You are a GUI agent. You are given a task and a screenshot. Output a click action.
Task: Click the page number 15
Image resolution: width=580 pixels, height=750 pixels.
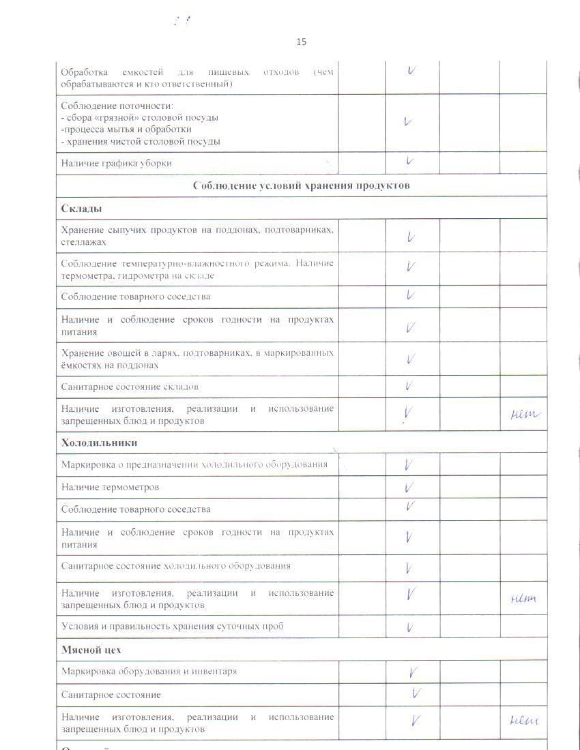301,42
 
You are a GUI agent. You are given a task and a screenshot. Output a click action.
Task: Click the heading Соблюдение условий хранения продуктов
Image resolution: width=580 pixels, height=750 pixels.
301,185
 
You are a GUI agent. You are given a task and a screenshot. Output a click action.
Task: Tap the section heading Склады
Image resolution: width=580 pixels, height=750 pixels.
76,208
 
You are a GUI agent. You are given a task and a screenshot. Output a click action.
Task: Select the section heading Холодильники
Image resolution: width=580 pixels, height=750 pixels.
99,442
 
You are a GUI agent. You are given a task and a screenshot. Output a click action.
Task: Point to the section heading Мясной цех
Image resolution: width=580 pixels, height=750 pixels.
91,650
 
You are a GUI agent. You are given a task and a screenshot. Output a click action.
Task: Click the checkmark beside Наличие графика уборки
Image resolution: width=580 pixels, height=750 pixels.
410,162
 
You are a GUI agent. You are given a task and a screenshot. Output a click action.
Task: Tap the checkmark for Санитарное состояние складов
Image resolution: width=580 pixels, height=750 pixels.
409,386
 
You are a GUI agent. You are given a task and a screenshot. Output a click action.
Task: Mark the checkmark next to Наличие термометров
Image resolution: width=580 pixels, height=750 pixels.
409,487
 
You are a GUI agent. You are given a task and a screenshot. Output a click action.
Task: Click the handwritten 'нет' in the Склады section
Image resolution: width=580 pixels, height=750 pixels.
524,414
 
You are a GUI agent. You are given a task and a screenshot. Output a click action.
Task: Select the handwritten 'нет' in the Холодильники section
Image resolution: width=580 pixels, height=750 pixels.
523,599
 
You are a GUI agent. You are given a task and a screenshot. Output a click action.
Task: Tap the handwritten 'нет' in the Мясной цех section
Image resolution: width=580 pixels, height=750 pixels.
523,721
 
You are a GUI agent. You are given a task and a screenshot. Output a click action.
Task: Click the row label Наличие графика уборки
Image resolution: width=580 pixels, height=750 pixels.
116,163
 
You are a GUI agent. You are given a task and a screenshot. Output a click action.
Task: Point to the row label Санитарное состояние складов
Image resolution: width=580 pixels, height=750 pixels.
130,387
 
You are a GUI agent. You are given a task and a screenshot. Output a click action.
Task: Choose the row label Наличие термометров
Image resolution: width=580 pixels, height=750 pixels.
110,487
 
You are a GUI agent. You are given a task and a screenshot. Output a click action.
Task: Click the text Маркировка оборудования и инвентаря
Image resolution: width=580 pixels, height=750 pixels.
149,671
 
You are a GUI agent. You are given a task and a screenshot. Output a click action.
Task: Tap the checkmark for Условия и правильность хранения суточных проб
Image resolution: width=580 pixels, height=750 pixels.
410,627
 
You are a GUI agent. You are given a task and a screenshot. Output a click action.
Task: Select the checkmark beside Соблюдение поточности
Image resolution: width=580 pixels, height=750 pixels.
407,122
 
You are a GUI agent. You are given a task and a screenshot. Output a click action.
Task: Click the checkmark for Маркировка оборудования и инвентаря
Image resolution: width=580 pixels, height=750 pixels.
413,672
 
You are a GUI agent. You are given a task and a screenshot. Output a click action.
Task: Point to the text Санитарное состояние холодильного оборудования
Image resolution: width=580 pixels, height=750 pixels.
175,565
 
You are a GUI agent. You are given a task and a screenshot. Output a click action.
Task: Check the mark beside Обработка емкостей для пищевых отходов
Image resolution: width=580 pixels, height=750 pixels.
411,70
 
